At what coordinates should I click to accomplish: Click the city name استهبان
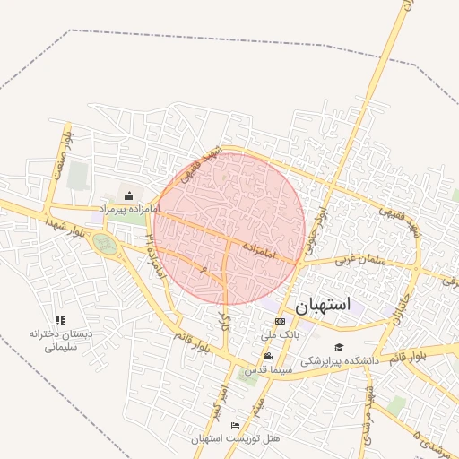(x=320, y=306)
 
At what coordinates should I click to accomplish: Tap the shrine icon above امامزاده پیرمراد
(x=129, y=195)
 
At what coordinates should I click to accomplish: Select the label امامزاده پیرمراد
(x=129, y=208)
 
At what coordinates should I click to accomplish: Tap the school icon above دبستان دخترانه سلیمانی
(x=61, y=320)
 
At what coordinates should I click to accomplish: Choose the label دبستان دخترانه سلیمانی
(x=61, y=339)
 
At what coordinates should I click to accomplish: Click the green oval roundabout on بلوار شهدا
(x=107, y=244)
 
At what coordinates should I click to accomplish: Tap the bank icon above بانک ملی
(x=281, y=321)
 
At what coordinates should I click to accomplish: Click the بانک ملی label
(x=280, y=333)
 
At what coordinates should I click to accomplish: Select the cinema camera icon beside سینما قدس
(x=268, y=356)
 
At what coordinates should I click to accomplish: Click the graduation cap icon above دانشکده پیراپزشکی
(x=339, y=348)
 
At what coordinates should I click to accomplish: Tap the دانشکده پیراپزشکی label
(x=340, y=360)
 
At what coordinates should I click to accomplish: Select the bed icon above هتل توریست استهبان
(x=236, y=425)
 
